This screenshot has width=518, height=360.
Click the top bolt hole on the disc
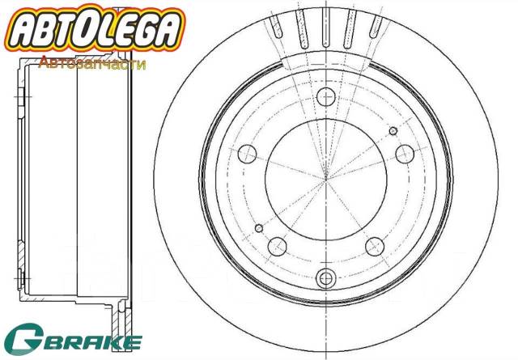point(326,97)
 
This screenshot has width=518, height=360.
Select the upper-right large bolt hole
point(402,152)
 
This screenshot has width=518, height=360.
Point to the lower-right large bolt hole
point(374,244)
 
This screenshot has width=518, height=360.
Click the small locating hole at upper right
point(393,130)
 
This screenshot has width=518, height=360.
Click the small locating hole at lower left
point(259,227)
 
